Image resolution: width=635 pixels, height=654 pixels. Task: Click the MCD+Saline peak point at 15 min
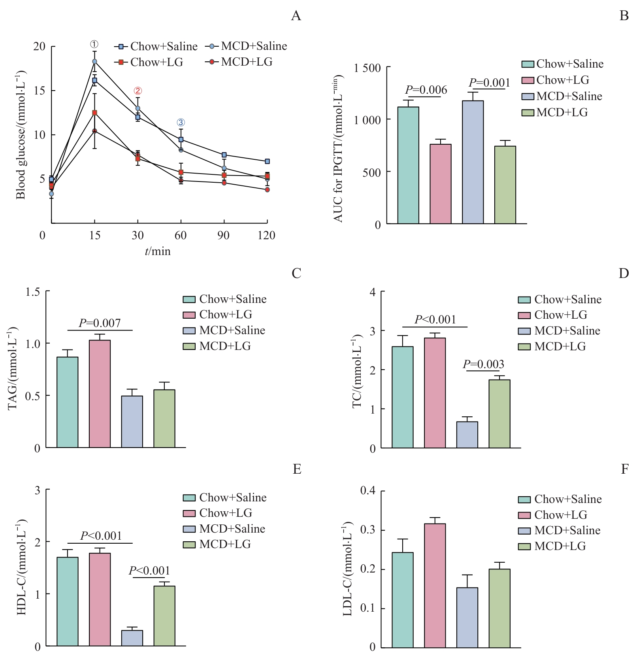point(94,61)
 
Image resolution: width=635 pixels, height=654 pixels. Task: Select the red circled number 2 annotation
point(138,91)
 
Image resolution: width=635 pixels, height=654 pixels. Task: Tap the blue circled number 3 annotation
point(181,123)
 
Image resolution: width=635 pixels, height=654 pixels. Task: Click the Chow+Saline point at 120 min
point(268,161)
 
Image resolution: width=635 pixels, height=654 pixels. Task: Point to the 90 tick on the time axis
point(224,235)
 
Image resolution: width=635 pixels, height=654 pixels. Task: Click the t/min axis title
point(158,251)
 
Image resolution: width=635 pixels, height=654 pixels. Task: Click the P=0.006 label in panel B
point(426,90)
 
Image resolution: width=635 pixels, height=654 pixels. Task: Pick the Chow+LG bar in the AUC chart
point(441,184)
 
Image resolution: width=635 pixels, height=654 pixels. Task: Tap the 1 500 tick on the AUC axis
point(367,68)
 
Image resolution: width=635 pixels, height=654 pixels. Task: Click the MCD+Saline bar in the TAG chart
point(132,422)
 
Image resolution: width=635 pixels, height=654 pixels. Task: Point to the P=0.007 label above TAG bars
point(100,323)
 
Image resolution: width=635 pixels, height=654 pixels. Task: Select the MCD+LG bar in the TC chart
point(499,414)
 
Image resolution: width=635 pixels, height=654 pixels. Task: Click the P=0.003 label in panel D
point(483,364)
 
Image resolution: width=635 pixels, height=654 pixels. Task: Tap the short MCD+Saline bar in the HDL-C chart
point(132,638)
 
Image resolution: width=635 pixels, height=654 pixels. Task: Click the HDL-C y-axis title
point(21,567)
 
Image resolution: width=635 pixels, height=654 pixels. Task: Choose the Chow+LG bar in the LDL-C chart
point(435,586)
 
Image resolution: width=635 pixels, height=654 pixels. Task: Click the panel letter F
point(624,469)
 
